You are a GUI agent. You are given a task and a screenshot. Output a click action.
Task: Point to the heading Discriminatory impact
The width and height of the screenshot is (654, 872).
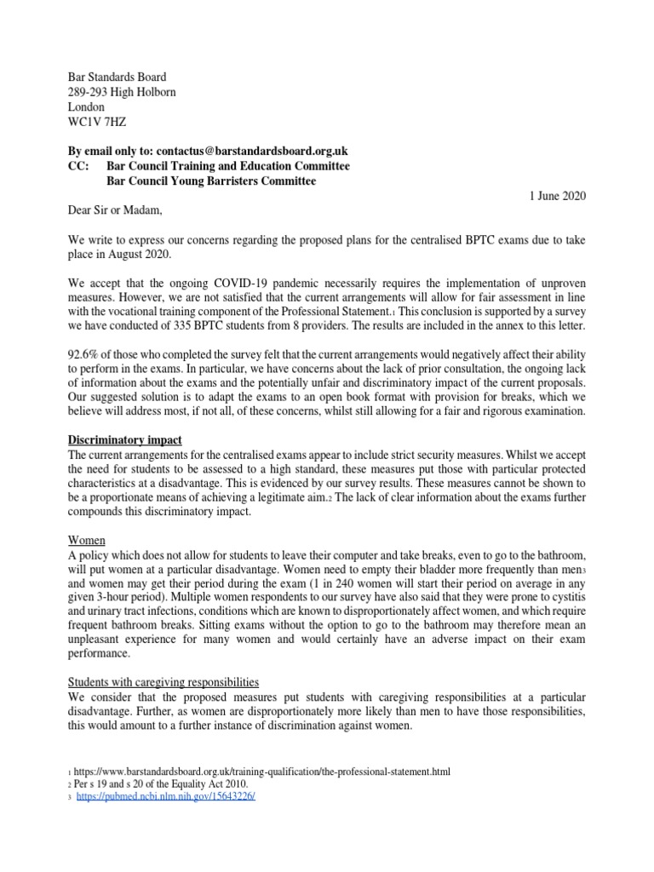(126, 440)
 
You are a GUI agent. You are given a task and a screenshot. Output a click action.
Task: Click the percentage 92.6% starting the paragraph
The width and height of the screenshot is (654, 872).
(86, 352)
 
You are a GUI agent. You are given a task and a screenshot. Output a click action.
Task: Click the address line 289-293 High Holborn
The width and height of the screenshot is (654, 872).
(122, 92)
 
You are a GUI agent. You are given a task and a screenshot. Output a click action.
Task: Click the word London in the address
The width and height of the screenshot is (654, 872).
(86, 107)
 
